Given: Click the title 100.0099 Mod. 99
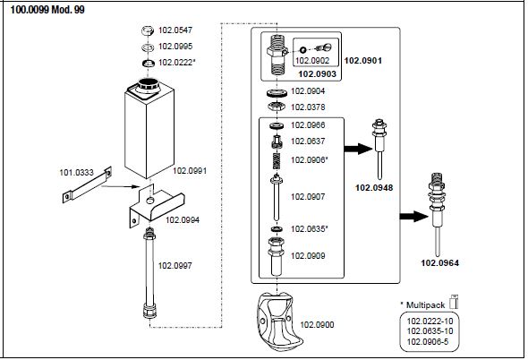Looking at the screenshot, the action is [x=47, y=10].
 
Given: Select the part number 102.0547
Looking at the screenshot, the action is [x=175, y=30].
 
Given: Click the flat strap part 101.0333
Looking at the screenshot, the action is [x=87, y=184].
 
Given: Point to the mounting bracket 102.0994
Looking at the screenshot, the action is [x=157, y=206].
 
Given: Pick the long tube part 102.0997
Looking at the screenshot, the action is [x=149, y=273].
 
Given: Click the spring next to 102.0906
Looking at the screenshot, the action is [x=277, y=161].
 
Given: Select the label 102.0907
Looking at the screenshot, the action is [x=308, y=196].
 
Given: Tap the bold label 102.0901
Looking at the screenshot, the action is [x=363, y=61].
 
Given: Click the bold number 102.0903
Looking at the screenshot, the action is [x=317, y=74].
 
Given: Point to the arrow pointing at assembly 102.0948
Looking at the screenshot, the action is [x=358, y=149].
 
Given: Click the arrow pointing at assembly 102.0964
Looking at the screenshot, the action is [x=413, y=217].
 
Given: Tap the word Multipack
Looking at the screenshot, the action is [x=426, y=305].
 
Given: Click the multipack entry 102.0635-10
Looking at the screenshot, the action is [x=430, y=331].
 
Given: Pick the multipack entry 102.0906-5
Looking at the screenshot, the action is [x=428, y=342].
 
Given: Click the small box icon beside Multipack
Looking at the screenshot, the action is [x=454, y=302].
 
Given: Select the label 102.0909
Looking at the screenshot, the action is [x=308, y=256].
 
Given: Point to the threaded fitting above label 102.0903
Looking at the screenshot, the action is [x=277, y=56].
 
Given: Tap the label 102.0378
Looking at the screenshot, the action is [x=308, y=107].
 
